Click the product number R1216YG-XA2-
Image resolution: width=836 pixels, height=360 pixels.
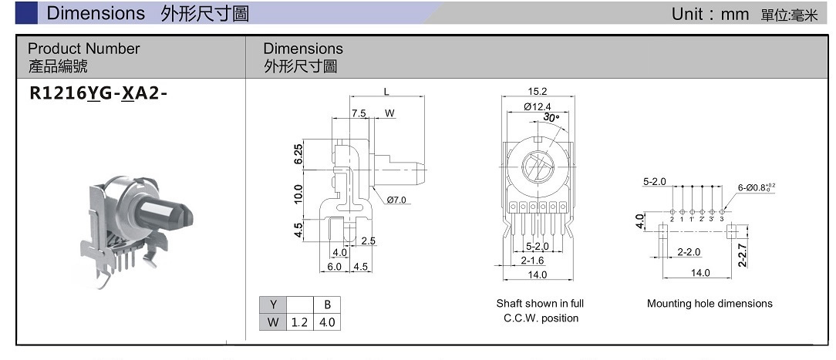97,93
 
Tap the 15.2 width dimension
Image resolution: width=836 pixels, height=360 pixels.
538,92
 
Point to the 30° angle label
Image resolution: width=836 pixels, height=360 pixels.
551,118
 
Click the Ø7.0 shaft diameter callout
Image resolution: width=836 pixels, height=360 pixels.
396,200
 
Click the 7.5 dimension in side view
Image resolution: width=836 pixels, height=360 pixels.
359,113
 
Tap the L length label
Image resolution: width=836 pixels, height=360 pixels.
386,92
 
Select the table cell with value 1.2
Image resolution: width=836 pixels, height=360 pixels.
299,322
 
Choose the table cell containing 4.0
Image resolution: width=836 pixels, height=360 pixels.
327,322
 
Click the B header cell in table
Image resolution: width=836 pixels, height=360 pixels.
327,304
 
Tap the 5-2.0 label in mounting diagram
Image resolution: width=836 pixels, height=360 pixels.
654,181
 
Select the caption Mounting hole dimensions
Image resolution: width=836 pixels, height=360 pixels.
710,304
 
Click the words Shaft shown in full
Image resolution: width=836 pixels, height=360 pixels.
540,304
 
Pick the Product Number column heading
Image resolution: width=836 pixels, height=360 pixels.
84,49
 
